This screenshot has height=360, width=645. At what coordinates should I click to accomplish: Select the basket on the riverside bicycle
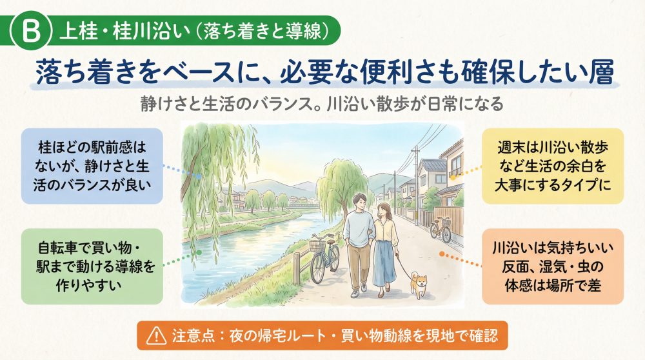tap(317, 246)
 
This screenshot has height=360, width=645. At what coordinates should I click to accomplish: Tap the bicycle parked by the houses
tap(442, 229)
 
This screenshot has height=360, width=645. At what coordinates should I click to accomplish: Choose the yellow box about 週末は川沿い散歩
tap(553, 165)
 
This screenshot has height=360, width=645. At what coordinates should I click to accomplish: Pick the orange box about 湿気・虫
tap(553, 265)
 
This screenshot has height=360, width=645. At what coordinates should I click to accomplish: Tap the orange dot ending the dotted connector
tap(442, 253)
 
